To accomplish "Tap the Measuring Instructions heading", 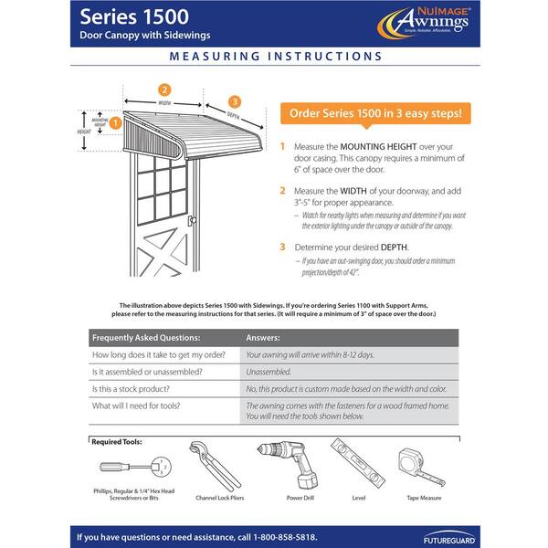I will [x=274, y=56].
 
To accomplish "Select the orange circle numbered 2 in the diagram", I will [x=164, y=90].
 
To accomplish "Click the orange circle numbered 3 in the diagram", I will [x=235, y=101].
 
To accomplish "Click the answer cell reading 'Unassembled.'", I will [x=269, y=372].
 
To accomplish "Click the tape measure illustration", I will [x=421, y=466].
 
